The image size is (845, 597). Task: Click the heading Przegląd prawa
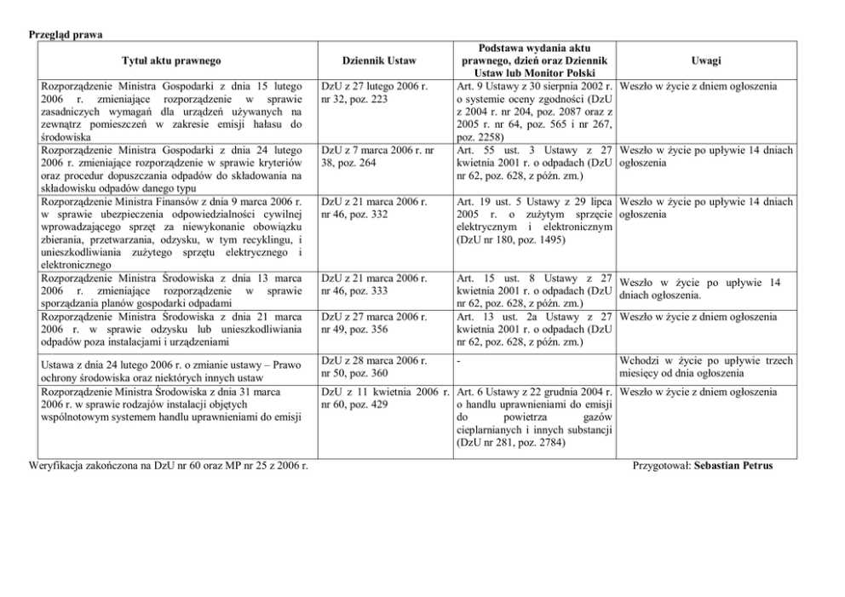click(66, 34)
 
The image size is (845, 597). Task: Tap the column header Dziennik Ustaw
click(378, 60)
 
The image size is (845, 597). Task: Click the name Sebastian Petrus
click(733, 467)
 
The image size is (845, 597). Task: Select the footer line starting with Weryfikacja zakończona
click(168, 467)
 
